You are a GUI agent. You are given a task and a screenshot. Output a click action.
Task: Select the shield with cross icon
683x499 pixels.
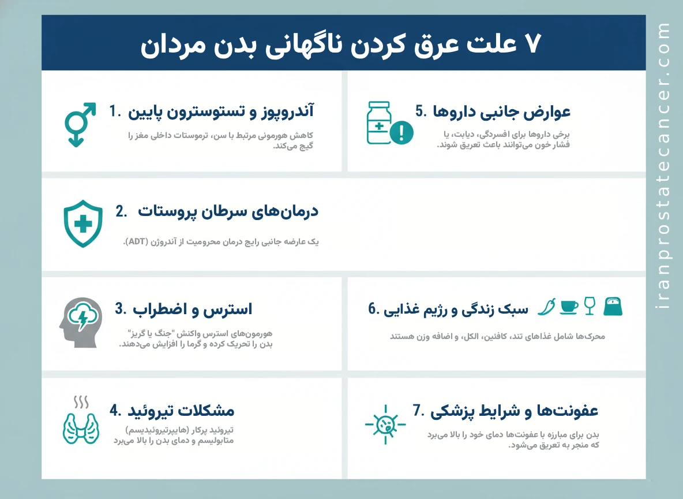point(83,224)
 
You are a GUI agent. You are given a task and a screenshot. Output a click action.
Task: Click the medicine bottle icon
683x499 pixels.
point(379,122)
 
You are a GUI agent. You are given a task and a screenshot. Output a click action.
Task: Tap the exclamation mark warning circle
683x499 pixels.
point(401,133)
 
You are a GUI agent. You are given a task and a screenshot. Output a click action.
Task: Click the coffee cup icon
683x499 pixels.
point(569,307)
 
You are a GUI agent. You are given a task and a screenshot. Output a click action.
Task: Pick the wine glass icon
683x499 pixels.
point(589,306)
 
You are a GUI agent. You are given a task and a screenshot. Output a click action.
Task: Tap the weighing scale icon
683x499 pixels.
point(613,306)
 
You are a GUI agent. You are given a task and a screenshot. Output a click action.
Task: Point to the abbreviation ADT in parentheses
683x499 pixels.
point(136,242)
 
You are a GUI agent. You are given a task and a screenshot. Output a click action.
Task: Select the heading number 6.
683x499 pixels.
point(374,310)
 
